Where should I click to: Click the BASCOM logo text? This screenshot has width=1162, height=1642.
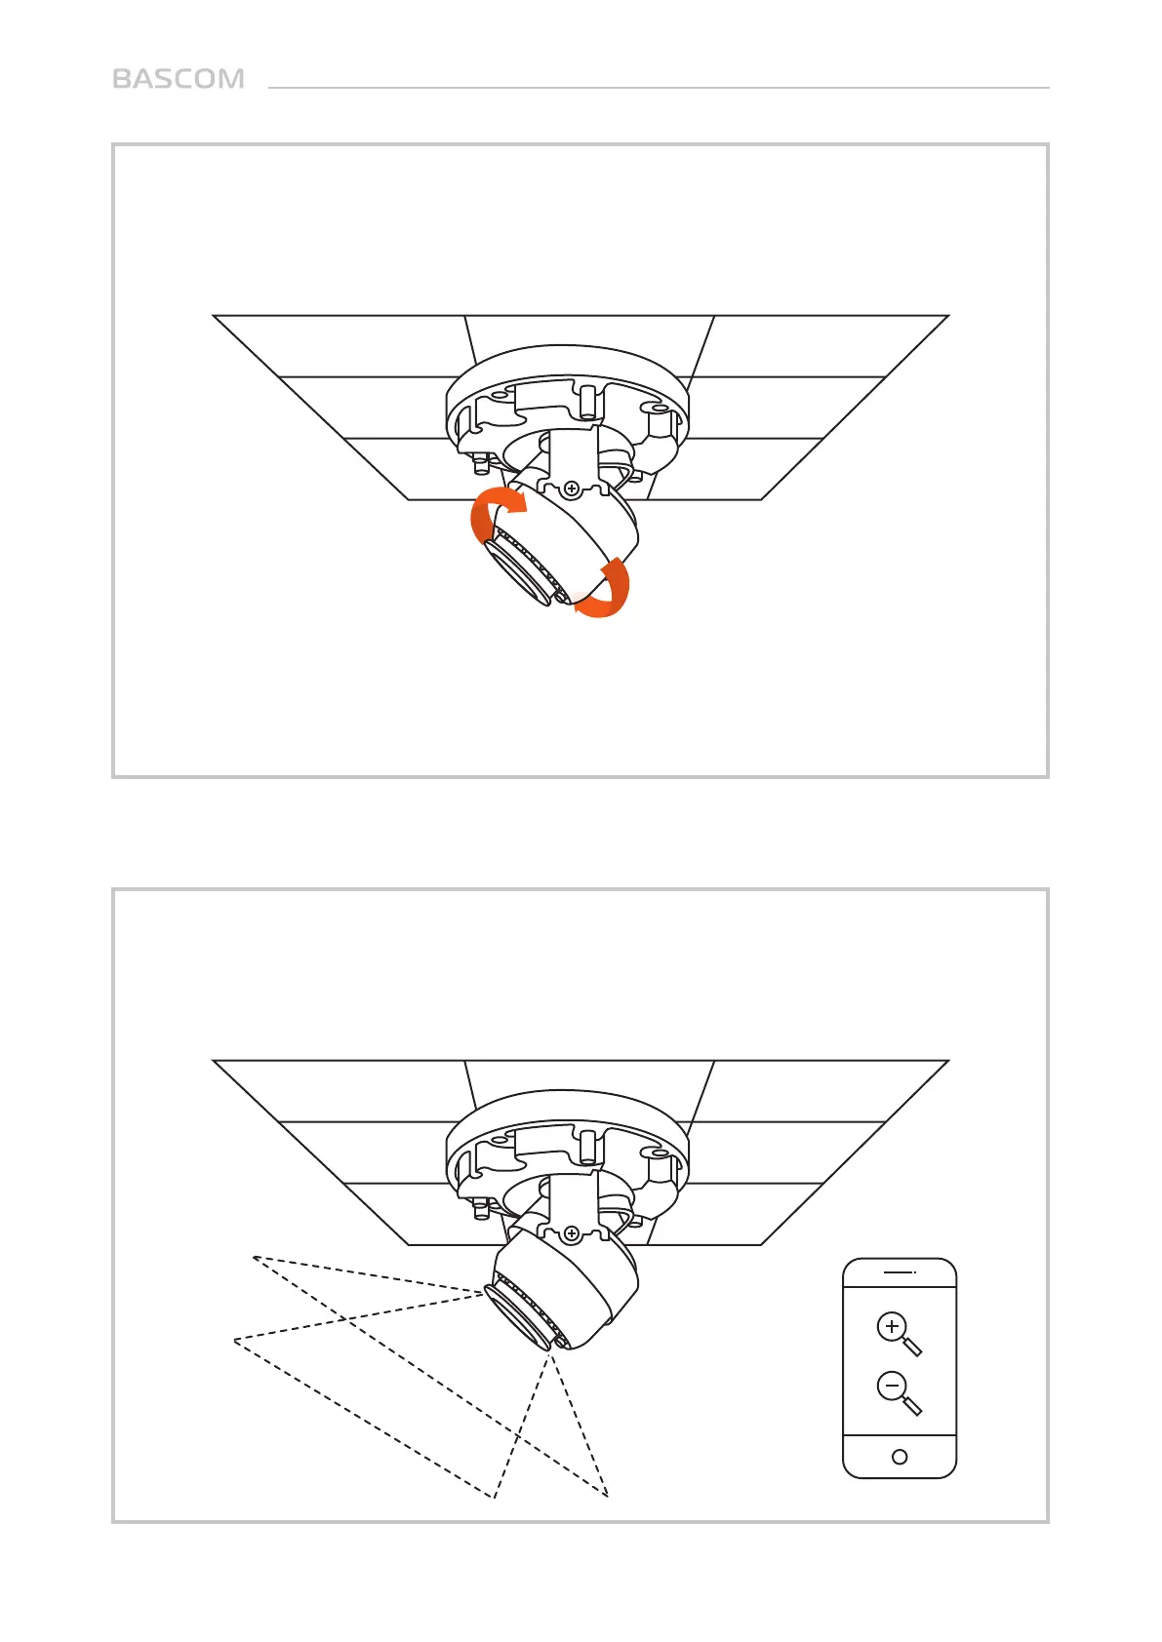pyautogui.click(x=179, y=79)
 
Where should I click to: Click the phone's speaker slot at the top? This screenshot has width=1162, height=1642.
pyautogui.click(x=900, y=1272)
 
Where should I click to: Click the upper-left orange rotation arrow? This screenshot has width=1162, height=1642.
pyautogui.click(x=495, y=513)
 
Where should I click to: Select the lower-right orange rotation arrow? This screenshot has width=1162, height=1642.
pyautogui.click(x=607, y=590)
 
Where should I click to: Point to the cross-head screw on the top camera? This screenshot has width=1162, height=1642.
pyautogui.click(x=572, y=488)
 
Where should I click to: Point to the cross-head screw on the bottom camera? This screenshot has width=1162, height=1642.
pyautogui.click(x=572, y=1233)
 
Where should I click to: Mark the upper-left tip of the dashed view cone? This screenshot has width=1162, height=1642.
pyautogui.click(x=254, y=1258)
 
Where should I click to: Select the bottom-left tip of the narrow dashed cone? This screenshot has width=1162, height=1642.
pyautogui.click(x=494, y=1498)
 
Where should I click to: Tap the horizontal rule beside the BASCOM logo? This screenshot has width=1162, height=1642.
pyautogui.click(x=659, y=88)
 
